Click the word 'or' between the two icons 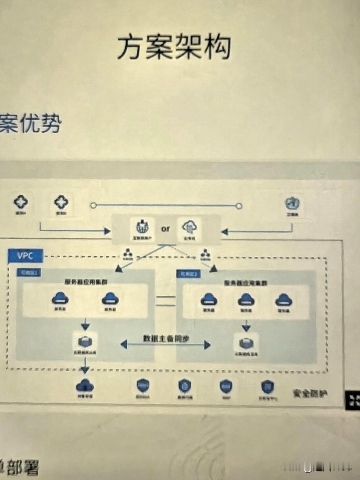165,229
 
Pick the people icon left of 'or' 142,227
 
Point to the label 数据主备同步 166,339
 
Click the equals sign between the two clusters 166,301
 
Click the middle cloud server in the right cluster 246,300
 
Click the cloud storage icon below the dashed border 85,386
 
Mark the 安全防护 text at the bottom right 310,394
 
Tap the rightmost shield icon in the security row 267,387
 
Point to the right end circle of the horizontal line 239,206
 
